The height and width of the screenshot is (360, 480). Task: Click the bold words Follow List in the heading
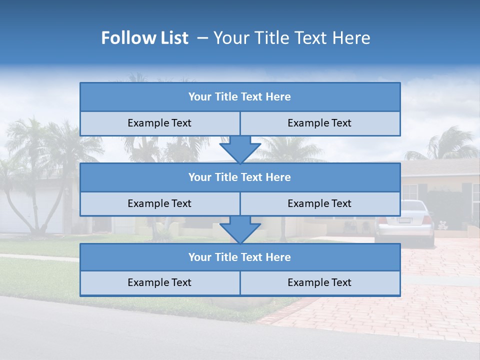144,38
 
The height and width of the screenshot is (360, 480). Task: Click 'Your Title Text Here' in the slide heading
292,38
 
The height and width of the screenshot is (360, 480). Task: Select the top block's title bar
240,97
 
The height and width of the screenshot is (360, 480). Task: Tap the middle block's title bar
240,177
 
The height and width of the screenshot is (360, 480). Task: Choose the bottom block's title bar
240,257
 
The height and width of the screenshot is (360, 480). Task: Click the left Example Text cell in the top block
159,123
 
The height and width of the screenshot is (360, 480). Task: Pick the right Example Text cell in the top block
319,123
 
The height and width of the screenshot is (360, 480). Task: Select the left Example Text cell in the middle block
159,204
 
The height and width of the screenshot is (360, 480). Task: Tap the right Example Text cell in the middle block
319,204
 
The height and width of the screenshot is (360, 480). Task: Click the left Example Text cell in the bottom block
159,283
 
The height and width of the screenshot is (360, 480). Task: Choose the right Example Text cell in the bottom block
319,283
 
